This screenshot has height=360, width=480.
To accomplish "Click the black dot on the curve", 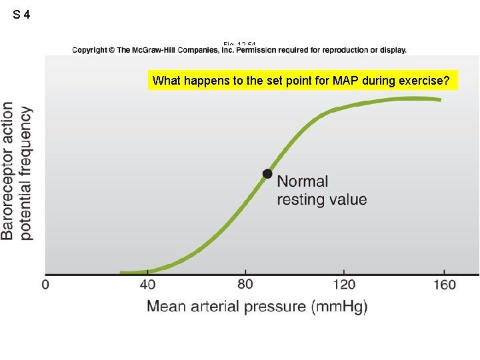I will point(267,173).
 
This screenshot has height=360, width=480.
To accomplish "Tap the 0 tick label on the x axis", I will point(45,285).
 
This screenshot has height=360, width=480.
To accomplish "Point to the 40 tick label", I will point(147,285).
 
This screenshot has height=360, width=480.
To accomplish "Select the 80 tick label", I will point(245,285).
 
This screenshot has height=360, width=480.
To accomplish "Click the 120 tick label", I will point(343,285).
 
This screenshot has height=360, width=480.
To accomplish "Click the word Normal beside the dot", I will point(303,181).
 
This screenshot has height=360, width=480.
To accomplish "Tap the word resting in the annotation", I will point(299,199).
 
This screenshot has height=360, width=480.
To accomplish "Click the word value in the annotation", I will point(347,199).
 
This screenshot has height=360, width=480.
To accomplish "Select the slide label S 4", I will point(21,13).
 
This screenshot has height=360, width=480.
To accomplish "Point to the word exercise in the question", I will point(424,81).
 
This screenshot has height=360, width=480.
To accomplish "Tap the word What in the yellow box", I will point(167,81).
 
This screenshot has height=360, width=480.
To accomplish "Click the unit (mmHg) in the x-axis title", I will point(339,307).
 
